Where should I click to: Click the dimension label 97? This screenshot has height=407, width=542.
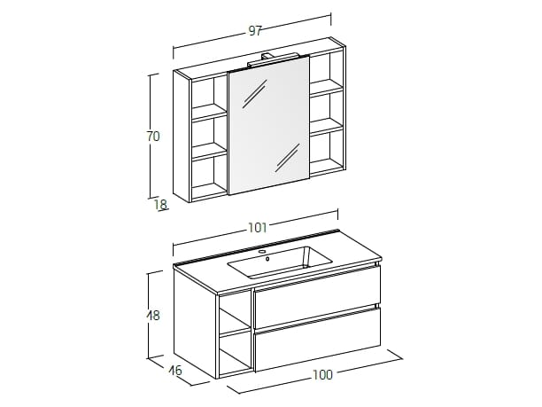tap(255, 31)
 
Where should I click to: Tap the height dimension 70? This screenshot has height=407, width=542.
tap(153, 137)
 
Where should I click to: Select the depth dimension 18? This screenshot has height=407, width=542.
tap(160, 205)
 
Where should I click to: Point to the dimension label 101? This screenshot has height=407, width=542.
tap(258, 227)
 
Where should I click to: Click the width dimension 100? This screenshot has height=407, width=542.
tap(322, 374)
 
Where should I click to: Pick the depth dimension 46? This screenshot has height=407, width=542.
tap(175, 371)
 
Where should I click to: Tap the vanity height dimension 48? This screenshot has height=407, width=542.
tap(153, 316)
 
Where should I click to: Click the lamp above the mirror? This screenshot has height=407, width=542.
tap(273, 59)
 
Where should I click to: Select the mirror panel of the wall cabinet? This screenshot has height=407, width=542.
tap(269, 125)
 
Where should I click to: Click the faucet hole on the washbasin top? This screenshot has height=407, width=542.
tap(262, 252)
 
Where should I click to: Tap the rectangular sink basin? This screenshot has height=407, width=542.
tap(280, 262)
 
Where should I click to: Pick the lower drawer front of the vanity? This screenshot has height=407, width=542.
tap(317, 338)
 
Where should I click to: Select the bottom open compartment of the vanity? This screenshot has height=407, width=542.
tap(235, 353)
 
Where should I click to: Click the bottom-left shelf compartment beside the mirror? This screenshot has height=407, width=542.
tap(209, 176)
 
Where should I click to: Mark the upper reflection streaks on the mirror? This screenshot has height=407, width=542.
tap(255, 94)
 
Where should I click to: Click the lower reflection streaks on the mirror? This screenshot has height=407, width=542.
tap(288, 158)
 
